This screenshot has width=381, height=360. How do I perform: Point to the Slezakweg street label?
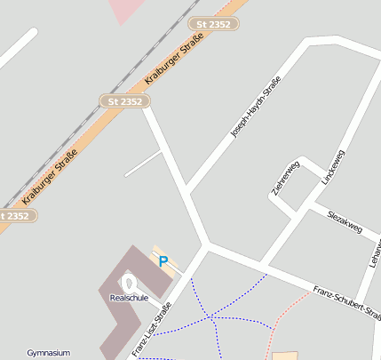[x=345, y=221]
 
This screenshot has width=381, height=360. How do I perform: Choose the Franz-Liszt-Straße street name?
[x=151, y=329]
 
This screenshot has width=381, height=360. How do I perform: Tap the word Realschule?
[x=129, y=298]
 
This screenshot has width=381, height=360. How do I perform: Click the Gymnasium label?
[x=48, y=353]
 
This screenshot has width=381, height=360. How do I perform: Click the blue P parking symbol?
[x=163, y=260]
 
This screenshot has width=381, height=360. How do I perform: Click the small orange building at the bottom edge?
[x=284, y=356]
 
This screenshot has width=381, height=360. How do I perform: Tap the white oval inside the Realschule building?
[x=127, y=283]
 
